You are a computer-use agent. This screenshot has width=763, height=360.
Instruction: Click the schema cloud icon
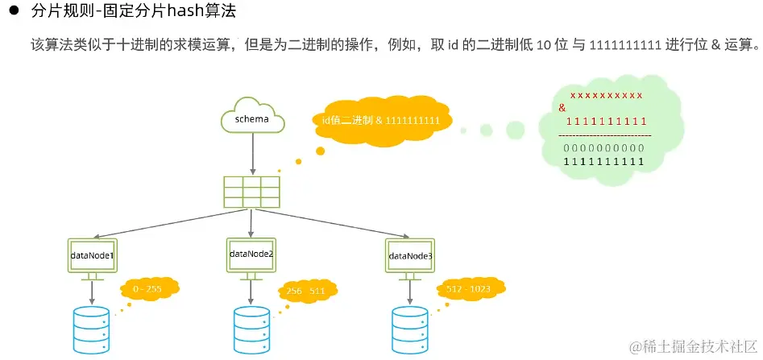pos(252,118)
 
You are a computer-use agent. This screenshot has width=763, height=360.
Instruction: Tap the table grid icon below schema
pos(251,191)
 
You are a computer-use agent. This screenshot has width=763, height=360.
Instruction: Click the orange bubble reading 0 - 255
pos(149,288)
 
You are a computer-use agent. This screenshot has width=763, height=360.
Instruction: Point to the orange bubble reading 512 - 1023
pos(469,288)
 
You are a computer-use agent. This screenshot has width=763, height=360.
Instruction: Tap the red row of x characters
pos(606,95)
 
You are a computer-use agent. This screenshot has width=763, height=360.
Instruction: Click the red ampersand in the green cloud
pos(562,107)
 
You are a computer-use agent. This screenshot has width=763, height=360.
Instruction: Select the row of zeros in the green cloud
pos(603,148)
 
